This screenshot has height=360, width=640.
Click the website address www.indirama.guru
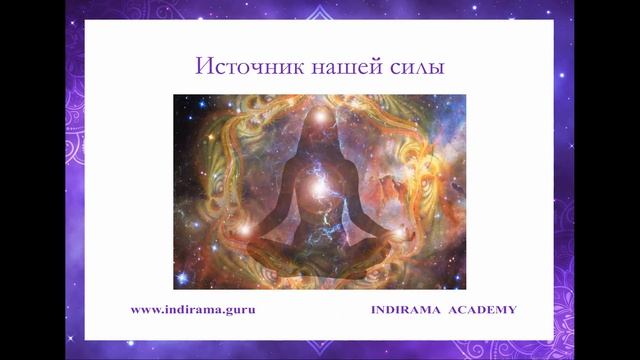pyautogui.click(x=193, y=309)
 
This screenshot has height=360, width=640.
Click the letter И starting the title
pyautogui.click(x=201, y=68)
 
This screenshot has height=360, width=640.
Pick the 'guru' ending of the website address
pyautogui.click(x=241, y=310)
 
